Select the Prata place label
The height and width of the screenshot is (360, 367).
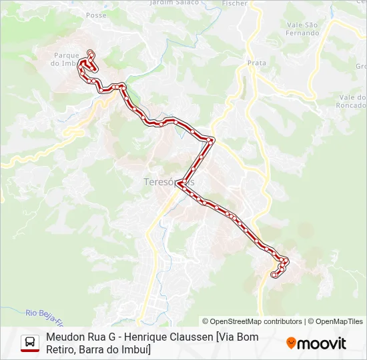coord(257,63)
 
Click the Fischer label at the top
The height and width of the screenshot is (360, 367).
coord(234,3)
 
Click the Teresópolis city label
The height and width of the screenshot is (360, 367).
coord(169,181)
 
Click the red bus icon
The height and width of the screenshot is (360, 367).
coord(30,343)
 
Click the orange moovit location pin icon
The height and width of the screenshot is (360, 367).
coord(291,343)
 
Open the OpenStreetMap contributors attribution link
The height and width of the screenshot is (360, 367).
coord(252,321)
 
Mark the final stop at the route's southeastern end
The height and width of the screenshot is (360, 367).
coord(274,274)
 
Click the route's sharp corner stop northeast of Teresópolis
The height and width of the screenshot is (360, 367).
coord(212,140)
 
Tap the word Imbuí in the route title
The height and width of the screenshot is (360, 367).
coord(135,349)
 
